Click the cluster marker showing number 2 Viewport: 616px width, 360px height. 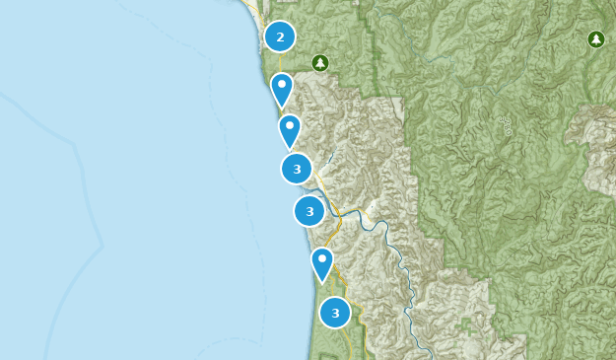click(280, 37)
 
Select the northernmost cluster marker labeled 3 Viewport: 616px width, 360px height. click(297, 169)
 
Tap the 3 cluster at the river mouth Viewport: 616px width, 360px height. click(309, 211)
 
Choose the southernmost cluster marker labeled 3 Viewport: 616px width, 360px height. click(335, 313)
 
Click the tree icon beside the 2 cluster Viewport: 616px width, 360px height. click(319, 63)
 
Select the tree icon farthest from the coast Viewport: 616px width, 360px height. click(595, 39)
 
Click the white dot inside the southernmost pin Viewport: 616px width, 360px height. click(322, 259)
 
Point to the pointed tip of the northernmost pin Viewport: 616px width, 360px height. click(282, 108)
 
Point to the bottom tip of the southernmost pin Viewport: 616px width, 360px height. click(322, 284)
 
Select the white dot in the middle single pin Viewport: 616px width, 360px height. click(289, 126)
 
